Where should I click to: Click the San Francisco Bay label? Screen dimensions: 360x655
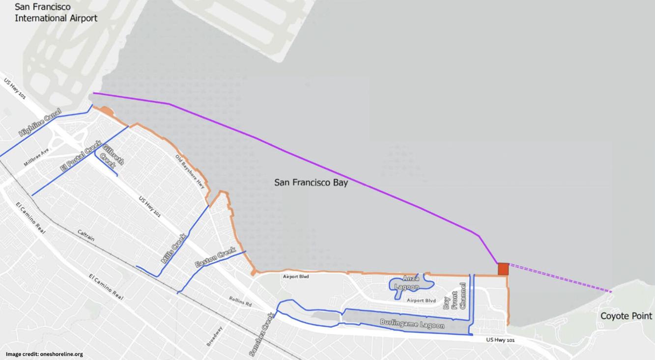(x=311, y=183)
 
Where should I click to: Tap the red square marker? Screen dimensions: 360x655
(x=503, y=269)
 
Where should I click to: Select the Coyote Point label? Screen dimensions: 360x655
(x=626, y=316)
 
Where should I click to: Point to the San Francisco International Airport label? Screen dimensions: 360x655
(x=56, y=13)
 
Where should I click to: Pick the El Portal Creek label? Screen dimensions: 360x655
(x=80, y=156)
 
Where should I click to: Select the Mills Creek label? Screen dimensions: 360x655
(x=173, y=249)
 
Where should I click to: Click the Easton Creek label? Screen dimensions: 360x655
(x=215, y=257)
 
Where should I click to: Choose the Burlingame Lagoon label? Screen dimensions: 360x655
(x=412, y=324)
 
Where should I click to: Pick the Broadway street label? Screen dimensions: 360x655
(x=215, y=336)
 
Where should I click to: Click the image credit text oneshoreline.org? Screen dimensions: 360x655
(x=44, y=354)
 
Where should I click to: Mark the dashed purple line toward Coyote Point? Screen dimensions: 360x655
(x=560, y=278)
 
